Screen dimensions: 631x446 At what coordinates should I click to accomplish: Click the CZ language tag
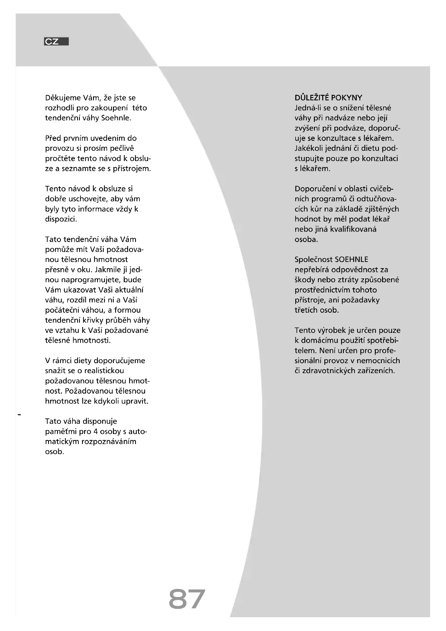pyautogui.click(x=56, y=42)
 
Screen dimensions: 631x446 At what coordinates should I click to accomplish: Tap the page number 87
pyautogui.click(x=187, y=599)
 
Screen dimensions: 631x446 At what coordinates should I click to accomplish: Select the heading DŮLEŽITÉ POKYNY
pyautogui.click(x=328, y=98)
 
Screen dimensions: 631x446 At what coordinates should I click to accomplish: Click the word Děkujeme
pyautogui.click(x=63, y=98)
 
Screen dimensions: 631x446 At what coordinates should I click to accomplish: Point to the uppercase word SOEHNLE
pyautogui.click(x=351, y=260)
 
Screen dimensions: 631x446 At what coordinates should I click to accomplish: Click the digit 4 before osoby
pyautogui.click(x=95, y=431)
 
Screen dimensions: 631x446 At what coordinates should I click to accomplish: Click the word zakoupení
pyautogui.click(x=109, y=108)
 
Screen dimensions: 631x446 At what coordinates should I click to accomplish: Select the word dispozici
pyautogui.click(x=61, y=219)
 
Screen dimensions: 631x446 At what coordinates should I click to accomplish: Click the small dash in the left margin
pyautogui.click(x=19, y=414)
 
